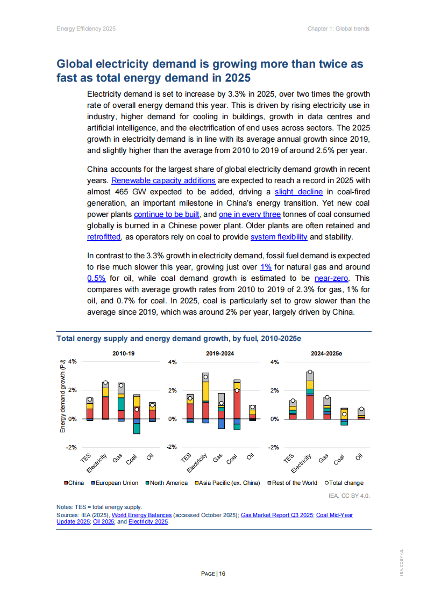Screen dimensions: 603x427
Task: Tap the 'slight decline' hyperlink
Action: tap(298, 192)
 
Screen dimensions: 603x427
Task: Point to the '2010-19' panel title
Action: tap(124, 354)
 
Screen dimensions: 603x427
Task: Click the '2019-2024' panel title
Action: tap(220, 354)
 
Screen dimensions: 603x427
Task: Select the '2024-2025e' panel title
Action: tap(326, 354)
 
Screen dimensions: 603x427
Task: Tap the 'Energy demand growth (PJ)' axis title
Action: tap(62, 397)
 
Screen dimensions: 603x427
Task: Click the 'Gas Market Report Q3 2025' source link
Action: tap(277, 515)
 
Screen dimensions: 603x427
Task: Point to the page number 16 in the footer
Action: tap(222, 574)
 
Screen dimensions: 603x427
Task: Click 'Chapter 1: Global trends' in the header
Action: tap(338, 28)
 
